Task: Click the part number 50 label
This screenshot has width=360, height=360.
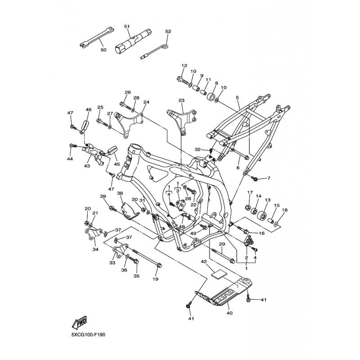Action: click(x=103, y=50)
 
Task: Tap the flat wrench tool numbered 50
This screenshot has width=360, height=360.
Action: click(x=94, y=41)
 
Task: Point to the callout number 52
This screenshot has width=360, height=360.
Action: click(x=168, y=31)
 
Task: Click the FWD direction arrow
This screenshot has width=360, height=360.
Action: click(x=79, y=323)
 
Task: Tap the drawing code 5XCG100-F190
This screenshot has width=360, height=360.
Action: click(x=88, y=335)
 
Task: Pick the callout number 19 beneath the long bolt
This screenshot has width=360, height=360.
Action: click(x=156, y=279)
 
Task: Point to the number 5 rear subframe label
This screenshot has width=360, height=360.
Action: click(x=237, y=97)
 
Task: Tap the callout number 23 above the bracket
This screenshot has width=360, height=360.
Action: click(x=181, y=100)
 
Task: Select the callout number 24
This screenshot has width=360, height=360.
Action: click(x=146, y=102)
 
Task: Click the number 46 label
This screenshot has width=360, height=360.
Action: click(x=89, y=109)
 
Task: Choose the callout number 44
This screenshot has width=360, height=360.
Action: click(x=70, y=159)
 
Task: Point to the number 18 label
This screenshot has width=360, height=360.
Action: click(x=284, y=210)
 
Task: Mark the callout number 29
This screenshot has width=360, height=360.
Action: click(x=221, y=244)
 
